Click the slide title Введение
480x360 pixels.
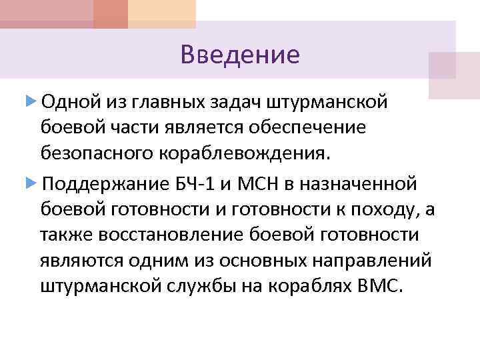240,54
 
